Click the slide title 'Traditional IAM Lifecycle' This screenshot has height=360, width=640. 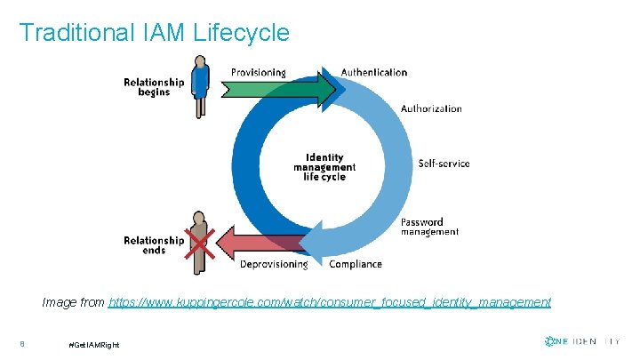point(154,33)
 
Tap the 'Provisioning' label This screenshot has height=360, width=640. point(259,72)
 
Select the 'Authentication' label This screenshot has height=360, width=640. point(374,72)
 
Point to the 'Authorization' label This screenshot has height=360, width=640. point(431,108)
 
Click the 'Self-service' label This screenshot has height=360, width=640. point(444,164)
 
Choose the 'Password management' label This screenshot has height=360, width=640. point(429,227)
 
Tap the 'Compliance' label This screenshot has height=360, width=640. point(356,264)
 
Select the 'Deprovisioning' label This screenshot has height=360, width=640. point(274,264)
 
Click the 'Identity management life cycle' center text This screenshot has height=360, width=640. point(324,167)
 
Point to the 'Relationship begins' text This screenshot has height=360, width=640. point(154,87)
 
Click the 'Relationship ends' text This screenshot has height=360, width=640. point(154,245)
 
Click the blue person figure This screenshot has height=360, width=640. point(202,85)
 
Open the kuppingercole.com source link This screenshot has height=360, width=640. point(329,302)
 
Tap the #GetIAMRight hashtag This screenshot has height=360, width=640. point(93,344)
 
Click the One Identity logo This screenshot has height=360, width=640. point(581,341)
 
